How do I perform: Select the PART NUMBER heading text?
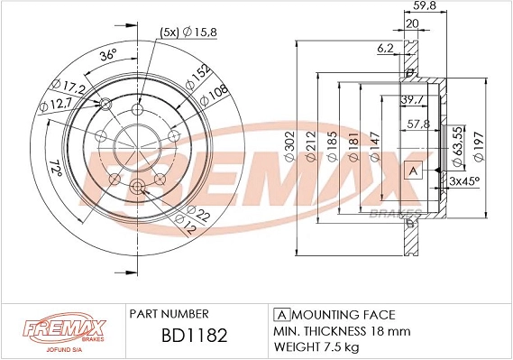(169, 313)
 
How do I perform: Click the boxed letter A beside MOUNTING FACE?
(279, 314)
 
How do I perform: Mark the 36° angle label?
(106, 56)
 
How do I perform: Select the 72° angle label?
(55, 169)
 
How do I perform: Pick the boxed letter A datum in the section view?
(413, 171)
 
